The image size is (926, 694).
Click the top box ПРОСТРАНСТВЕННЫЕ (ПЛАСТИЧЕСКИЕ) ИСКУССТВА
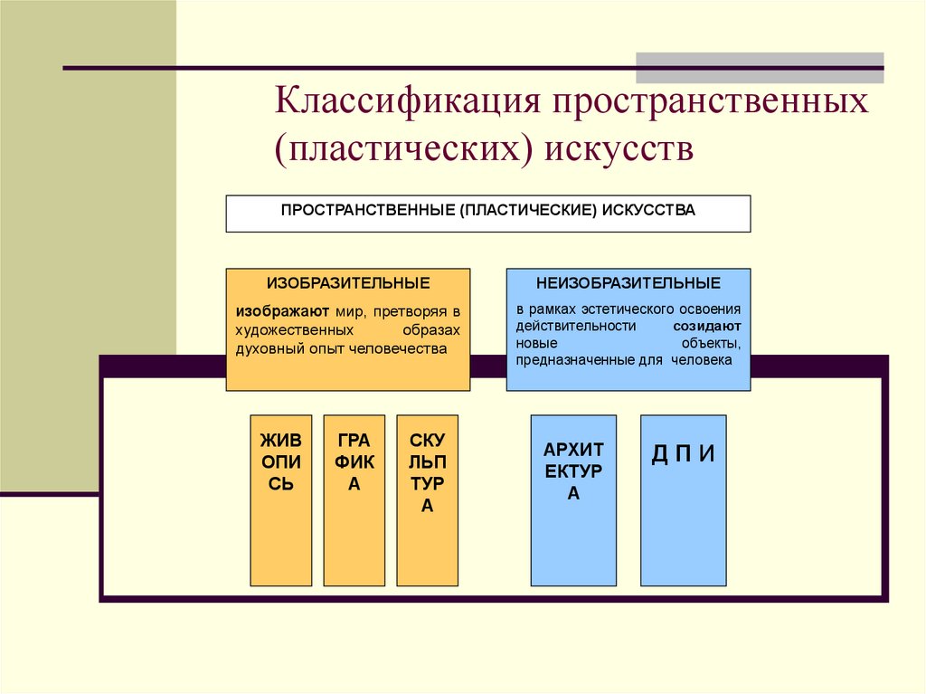(x=487, y=214)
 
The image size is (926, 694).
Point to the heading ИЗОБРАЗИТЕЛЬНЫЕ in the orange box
(x=348, y=283)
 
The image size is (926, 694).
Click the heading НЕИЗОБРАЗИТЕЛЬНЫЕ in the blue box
(x=628, y=283)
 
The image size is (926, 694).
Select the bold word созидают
(x=707, y=326)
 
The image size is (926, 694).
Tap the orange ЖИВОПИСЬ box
(x=281, y=499)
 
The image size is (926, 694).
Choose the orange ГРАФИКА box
(x=354, y=499)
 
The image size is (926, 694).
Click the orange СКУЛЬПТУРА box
(x=427, y=499)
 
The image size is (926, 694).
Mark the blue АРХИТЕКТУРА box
(x=573, y=499)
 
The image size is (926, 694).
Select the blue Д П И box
(x=683, y=499)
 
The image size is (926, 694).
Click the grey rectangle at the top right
(x=760, y=68)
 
